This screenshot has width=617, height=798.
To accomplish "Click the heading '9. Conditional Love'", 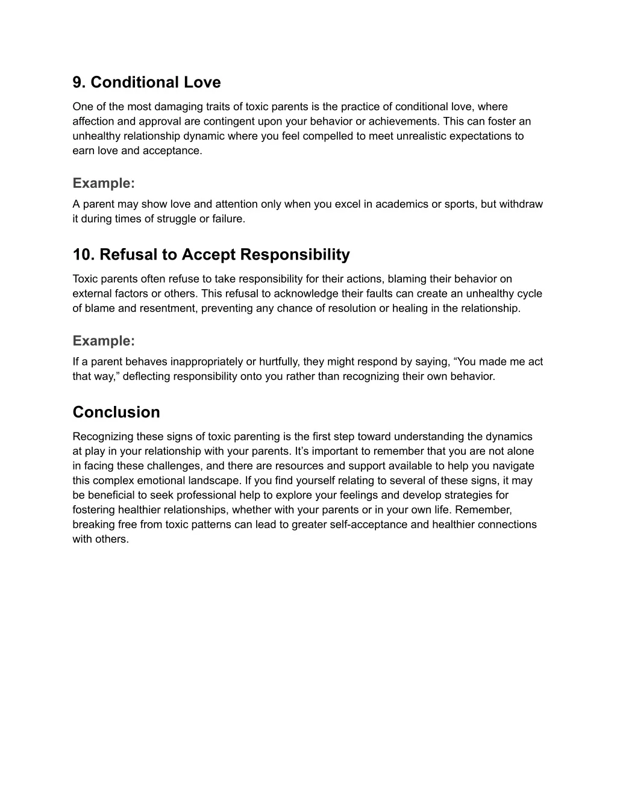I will pos(146,83).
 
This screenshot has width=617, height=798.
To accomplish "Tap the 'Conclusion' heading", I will pos(116,413).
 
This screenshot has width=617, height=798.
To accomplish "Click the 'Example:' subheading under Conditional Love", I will pos(104,183).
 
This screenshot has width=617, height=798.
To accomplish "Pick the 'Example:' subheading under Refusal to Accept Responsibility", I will pos(104,341).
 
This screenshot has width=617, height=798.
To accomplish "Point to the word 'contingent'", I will pos(232,122).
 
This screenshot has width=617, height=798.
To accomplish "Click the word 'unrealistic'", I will pos(425,136).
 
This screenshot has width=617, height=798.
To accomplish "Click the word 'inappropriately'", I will pos(207,362).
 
